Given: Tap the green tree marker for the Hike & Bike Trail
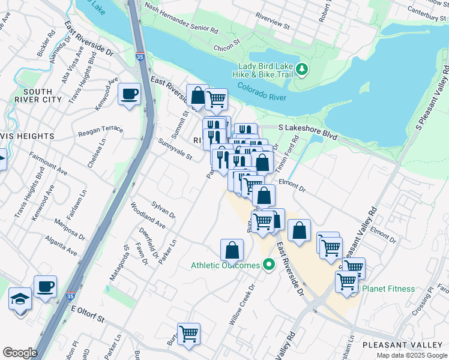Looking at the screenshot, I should click(303, 70).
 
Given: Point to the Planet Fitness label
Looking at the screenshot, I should click(388, 289).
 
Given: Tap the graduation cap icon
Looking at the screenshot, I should click(20, 298).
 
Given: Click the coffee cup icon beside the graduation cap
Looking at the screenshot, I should click(45, 286).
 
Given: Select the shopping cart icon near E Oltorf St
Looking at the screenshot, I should click(188, 333).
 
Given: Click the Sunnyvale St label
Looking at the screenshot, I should click(175, 150).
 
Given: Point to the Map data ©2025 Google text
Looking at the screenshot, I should click(411, 355).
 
